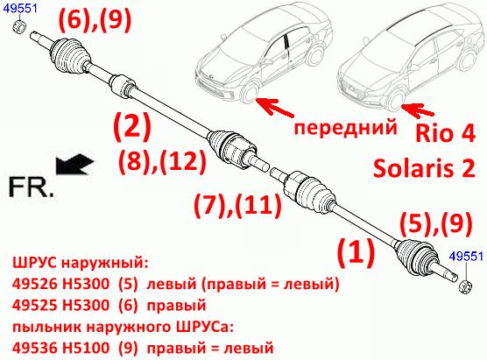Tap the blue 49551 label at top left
(x=20, y=9)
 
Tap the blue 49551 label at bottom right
(x=467, y=257)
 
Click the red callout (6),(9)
(x=95, y=20)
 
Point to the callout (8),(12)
(x=162, y=161)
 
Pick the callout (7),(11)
(x=238, y=205)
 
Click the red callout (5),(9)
(x=436, y=223)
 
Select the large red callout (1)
(x=356, y=252)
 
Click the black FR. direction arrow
(x=74, y=164)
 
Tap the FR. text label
(x=31, y=187)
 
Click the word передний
(x=345, y=127)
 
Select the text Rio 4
(x=445, y=133)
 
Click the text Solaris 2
(x=424, y=168)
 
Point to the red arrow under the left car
(x=275, y=107)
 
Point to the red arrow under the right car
(x=418, y=111)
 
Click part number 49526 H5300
(x=61, y=283)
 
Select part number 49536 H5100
(x=61, y=348)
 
